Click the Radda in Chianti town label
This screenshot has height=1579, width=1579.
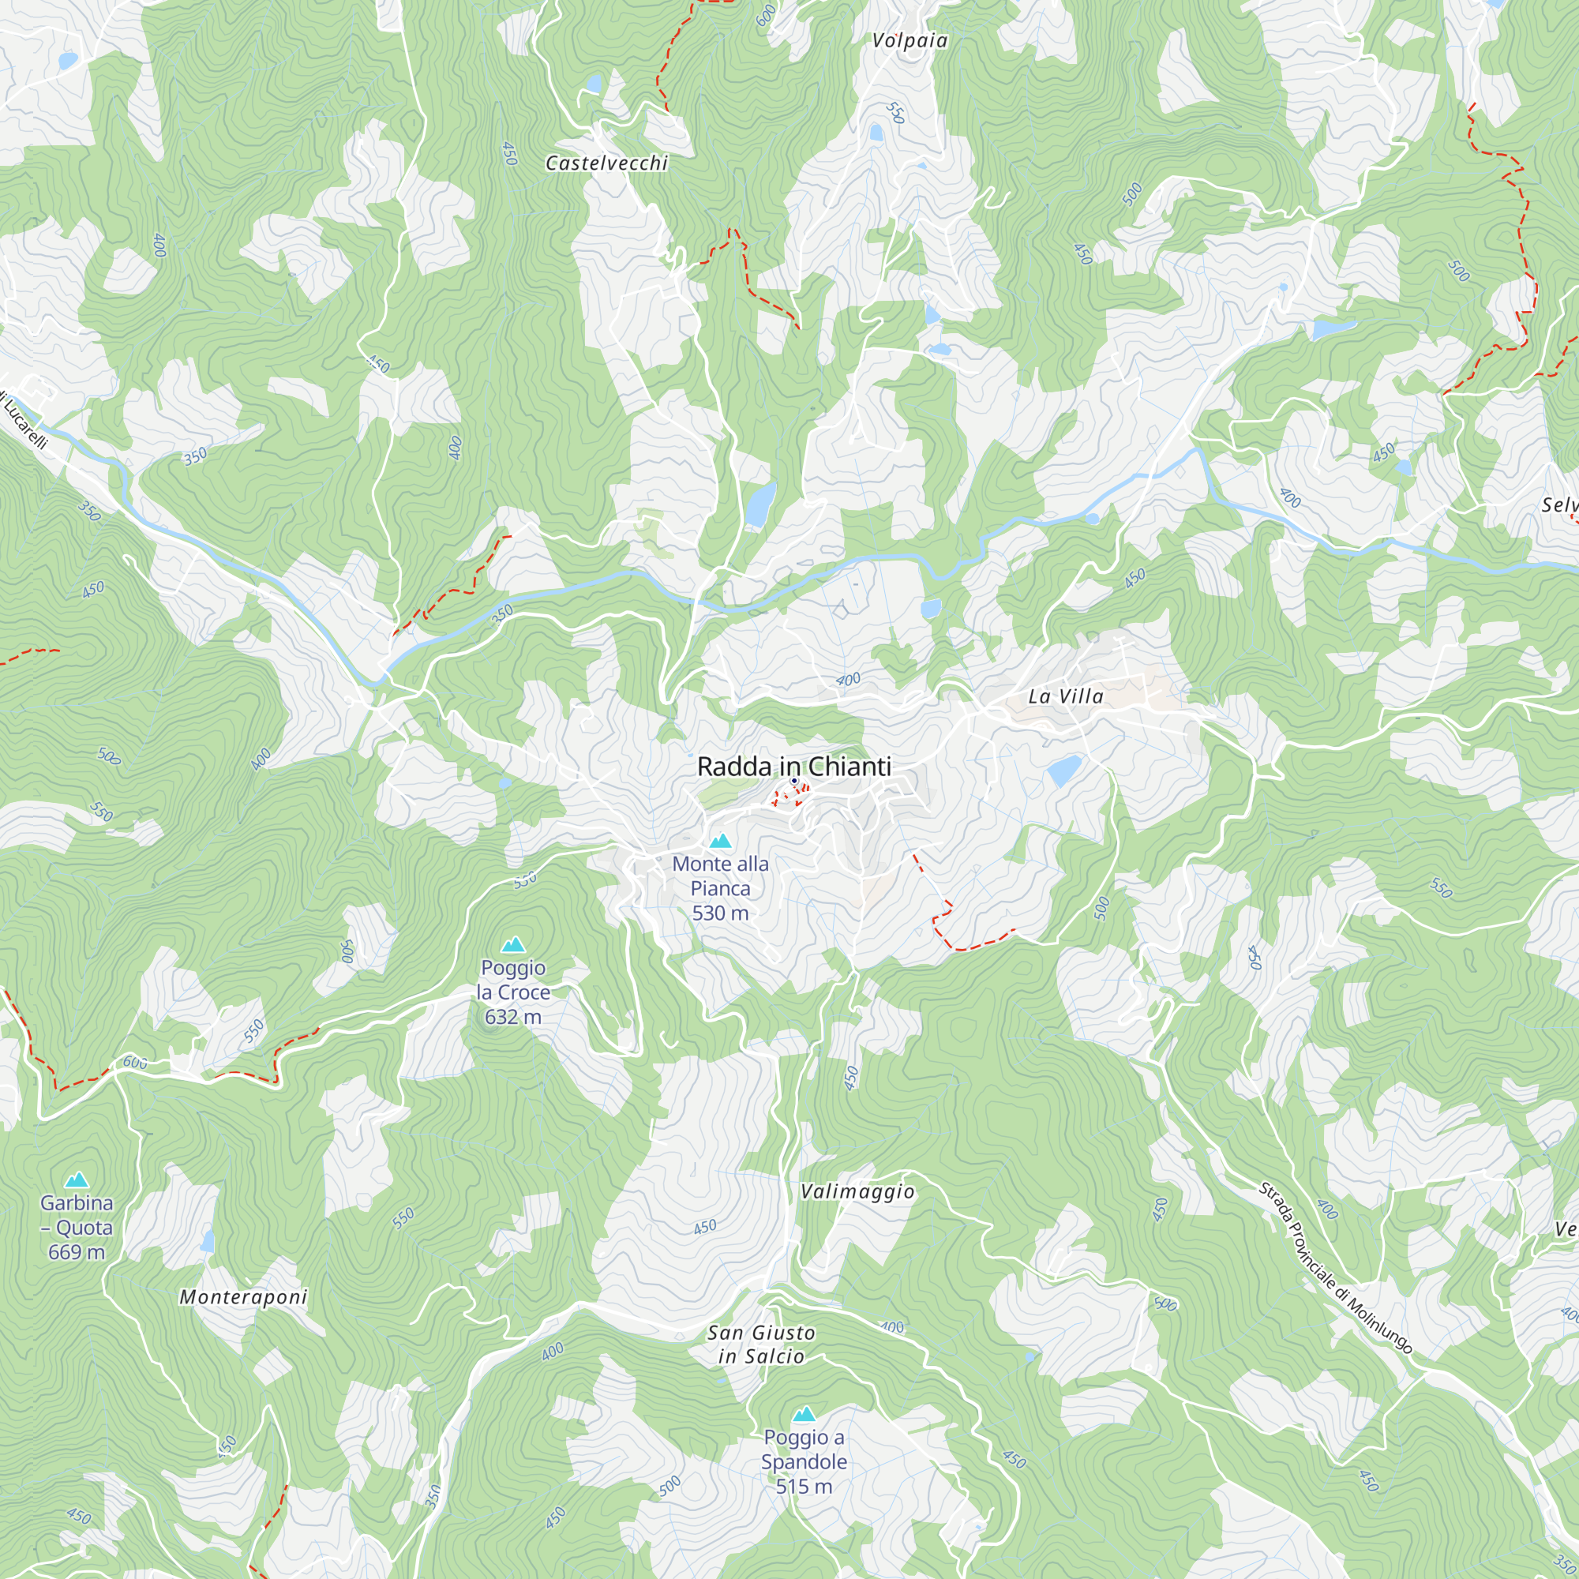pos(793,767)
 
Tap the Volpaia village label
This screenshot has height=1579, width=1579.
pos(910,41)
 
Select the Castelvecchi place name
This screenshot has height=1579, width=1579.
pos(606,163)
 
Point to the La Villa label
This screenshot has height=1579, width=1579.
pos(1066,696)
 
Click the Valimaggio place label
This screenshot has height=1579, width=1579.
pos(857,1191)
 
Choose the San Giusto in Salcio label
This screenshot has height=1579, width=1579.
pos(761,1345)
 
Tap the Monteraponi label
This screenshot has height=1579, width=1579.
pos(243,1297)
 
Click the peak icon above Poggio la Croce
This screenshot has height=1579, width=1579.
pos(513,945)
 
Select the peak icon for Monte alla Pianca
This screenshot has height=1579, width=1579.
pos(720,841)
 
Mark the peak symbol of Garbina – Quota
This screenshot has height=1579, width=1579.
pos(77,1180)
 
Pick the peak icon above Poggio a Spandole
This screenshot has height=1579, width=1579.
pos(805,1414)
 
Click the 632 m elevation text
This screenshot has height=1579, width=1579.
pos(512,1017)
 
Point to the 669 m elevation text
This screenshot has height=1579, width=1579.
pos(77,1252)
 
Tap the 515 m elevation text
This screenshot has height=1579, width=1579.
pos(805,1487)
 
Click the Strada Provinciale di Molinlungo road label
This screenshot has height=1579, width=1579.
pos(1334,1268)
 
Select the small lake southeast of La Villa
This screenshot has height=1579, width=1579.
pos(1064,770)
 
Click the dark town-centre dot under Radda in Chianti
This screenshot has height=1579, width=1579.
pos(793,782)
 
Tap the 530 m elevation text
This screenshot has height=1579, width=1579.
pos(720,913)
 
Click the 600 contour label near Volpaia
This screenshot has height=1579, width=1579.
pos(765,16)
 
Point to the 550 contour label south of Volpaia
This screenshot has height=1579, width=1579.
pos(896,113)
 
